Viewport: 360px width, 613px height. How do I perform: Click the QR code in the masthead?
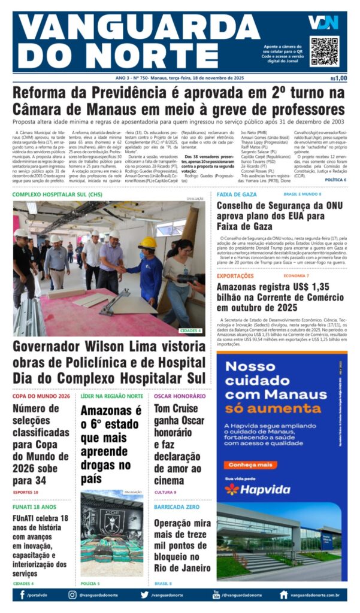point(324,50)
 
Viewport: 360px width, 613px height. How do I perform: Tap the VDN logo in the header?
point(323,23)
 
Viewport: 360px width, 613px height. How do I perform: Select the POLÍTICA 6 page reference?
point(335,180)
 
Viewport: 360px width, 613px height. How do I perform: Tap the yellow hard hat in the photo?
point(147,243)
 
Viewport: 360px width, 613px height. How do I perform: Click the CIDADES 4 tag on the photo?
point(191,330)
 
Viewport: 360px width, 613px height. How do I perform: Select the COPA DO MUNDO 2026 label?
point(41,396)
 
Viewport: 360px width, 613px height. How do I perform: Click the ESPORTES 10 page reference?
point(26,492)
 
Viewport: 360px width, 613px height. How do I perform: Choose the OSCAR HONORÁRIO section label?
point(180,396)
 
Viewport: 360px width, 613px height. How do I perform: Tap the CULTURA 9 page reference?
point(165,492)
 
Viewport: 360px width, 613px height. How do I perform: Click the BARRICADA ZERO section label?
point(177,506)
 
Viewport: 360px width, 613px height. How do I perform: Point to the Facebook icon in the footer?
point(22,594)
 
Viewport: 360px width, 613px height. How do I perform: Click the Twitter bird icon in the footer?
point(144,594)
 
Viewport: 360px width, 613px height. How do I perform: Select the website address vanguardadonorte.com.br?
point(315,595)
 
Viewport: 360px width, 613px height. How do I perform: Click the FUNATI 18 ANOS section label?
point(34,506)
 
